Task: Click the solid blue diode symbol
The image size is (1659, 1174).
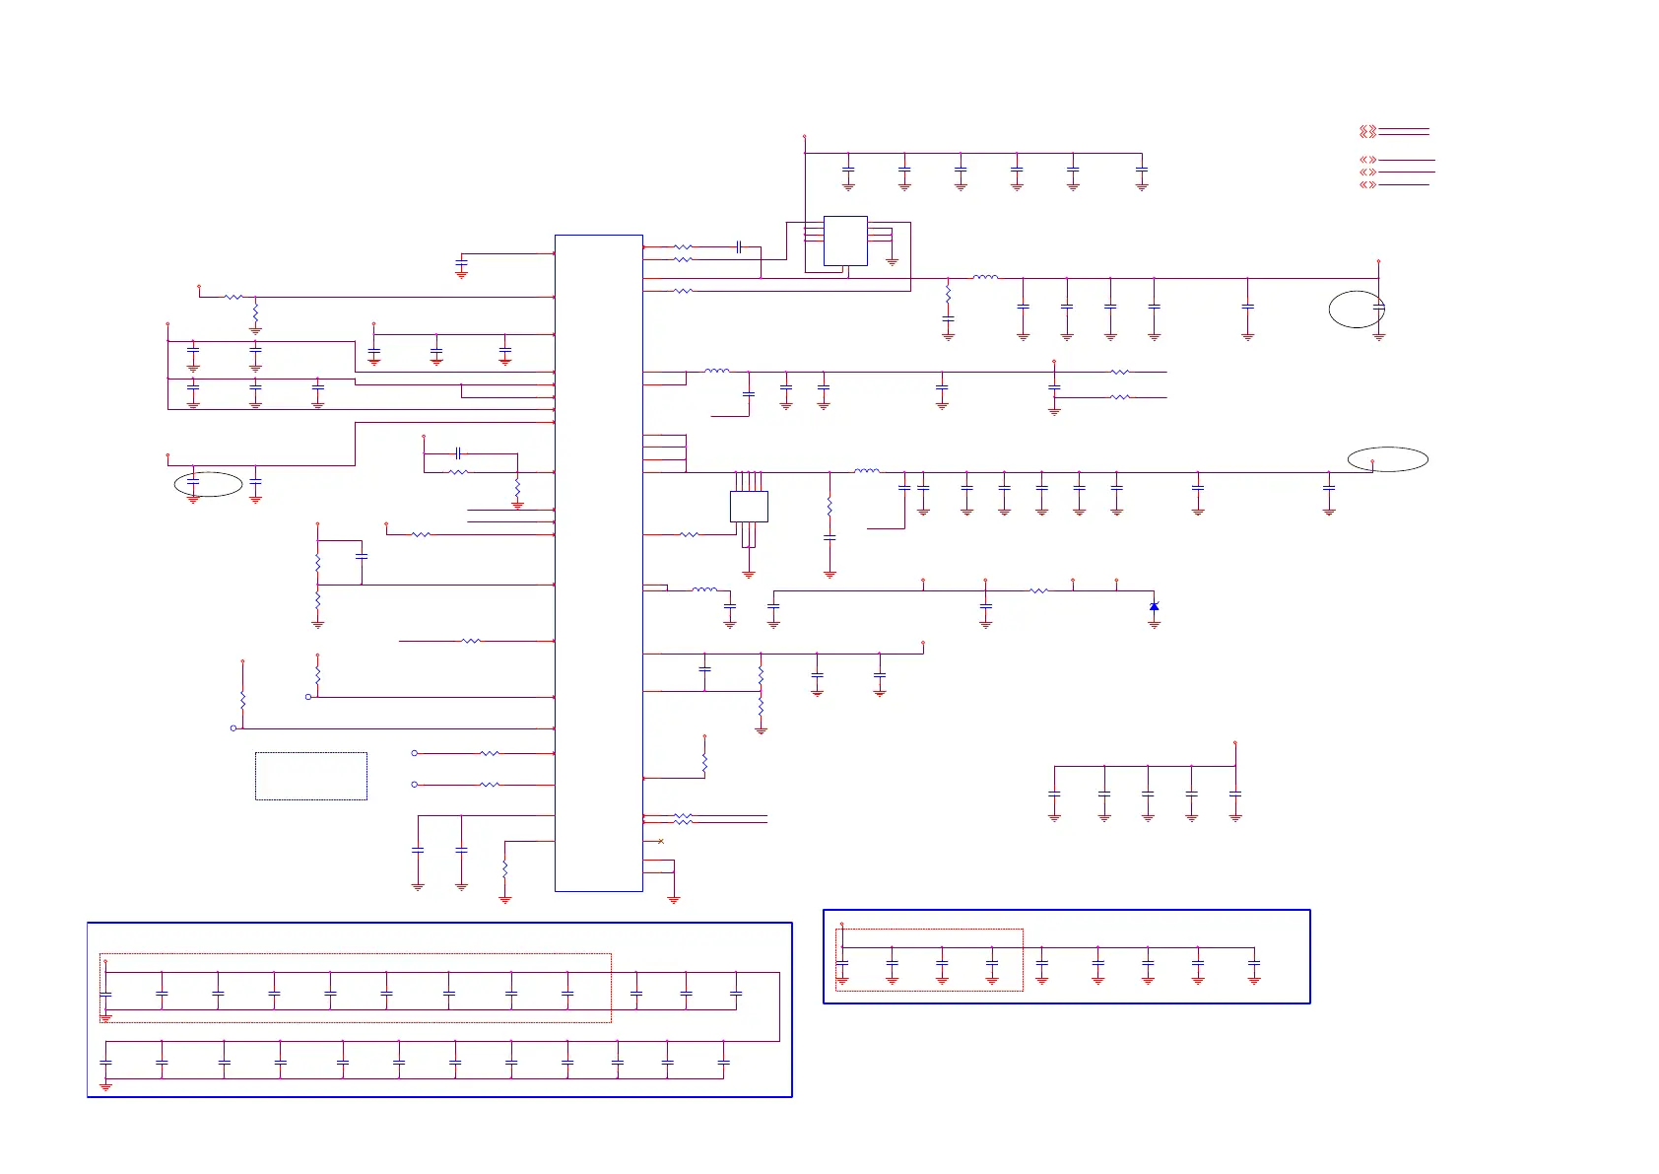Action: [1154, 606]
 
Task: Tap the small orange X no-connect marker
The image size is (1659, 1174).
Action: [660, 841]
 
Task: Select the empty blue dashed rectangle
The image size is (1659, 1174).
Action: [311, 776]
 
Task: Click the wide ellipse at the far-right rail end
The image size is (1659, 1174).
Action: [1387, 459]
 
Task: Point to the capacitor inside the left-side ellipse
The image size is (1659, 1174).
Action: [193, 482]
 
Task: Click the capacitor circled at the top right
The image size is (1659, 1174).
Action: [1378, 309]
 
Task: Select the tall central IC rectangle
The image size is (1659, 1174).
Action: [598, 563]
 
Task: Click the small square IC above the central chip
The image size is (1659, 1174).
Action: [845, 241]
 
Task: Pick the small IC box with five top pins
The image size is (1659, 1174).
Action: [749, 507]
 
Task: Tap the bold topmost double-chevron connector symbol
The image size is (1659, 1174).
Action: [1367, 131]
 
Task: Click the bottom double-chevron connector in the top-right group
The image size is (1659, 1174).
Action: [1367, 184]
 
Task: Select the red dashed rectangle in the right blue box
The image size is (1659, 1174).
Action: [929, 959]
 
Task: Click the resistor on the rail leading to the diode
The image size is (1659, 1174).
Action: [1038, 590]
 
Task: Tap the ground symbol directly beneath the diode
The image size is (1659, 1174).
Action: [1154, 624]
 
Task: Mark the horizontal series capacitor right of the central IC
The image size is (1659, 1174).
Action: [738, 247]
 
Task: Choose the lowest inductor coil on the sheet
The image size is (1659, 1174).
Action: [704, 589]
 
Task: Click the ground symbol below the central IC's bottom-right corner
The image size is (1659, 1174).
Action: [674, 899]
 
